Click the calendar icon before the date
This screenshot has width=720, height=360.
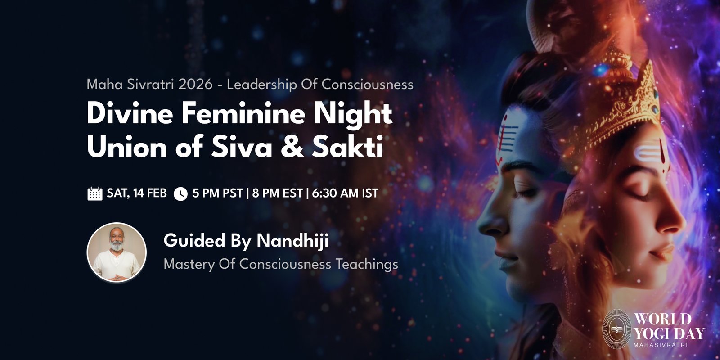coord(95,193)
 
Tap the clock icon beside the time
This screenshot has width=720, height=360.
coord(180,194)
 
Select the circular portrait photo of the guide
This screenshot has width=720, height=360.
coord(117,252)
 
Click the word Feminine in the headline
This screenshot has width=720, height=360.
coord(243,114)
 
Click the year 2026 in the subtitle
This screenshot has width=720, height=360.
coord(195,84)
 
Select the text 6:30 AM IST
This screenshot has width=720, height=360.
coord(345,193)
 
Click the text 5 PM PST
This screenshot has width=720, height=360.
coord(218,193)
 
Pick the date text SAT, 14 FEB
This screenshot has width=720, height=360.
coord(137,193)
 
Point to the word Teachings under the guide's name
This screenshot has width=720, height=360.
coord(367,264)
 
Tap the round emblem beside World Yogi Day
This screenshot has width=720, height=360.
coord(616,329)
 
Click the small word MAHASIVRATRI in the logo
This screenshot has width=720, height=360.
coord(661,345)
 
